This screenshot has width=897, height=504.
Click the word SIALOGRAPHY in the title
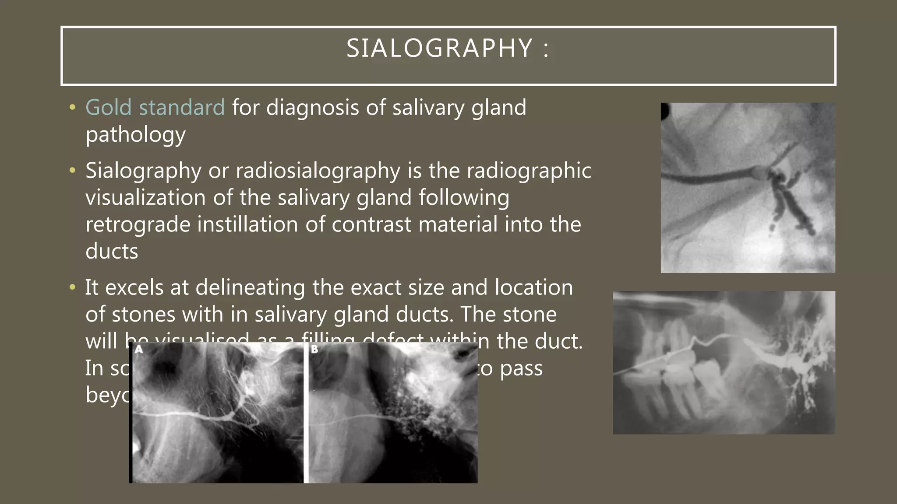point(439,48)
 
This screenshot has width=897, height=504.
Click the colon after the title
point(546,49)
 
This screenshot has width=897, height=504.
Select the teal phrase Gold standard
point(155,108)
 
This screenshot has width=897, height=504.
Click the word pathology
point(135,135)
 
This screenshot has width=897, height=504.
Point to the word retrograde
point(138,225)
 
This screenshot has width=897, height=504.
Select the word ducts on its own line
point(112,252)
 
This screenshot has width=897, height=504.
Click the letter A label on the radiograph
point(139,350)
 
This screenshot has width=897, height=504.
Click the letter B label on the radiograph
point(314,350)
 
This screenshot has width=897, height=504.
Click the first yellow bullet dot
point(73,108)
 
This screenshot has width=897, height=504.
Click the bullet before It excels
point(73,288)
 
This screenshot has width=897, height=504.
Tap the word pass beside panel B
point(521,369)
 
